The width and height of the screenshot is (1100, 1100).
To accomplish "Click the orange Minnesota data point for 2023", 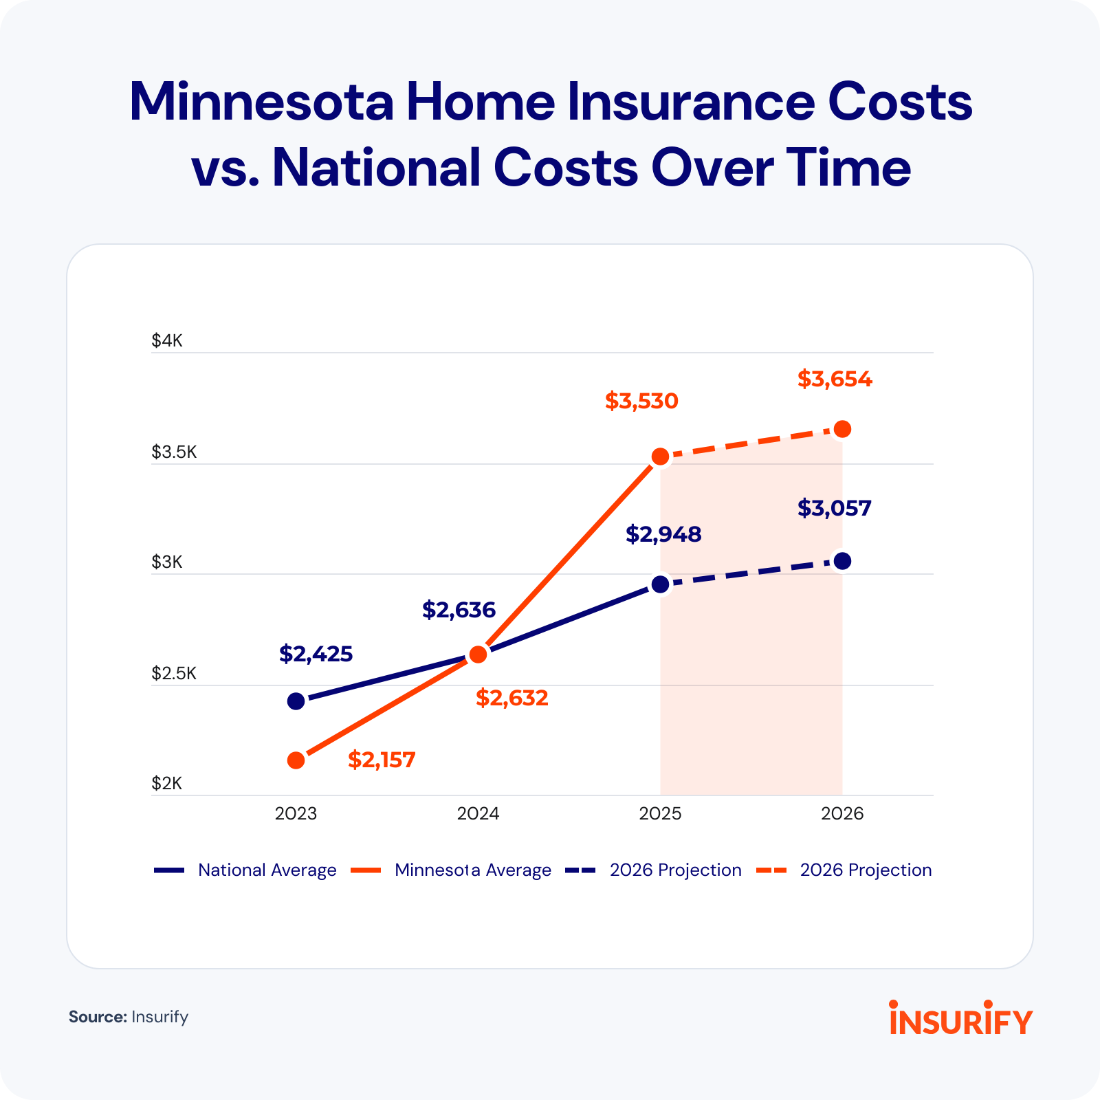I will pos(296,760).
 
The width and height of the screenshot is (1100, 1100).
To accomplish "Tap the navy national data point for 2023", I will pos(296,701).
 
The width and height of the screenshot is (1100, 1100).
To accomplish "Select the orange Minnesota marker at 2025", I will pos(660,456).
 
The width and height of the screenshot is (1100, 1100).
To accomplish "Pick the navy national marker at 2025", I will pos(660,584).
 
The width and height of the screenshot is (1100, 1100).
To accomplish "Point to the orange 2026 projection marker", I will pos(842,429).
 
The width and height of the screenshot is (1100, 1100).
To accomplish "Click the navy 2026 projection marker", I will pos(842,561).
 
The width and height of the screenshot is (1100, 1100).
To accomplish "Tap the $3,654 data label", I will pos(835,379).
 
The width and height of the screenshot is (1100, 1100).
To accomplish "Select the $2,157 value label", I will pos(382,760).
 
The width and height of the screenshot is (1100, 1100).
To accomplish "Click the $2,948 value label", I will pos(663,534).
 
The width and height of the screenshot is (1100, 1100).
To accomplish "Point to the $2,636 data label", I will pos(459,610).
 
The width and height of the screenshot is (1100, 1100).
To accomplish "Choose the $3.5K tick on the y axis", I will pos(174,452).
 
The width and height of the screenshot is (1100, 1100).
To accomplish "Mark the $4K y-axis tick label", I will pos(167,340).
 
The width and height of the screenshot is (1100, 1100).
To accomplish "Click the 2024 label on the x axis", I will pos(478,814).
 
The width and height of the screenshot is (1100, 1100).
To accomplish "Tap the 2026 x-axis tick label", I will pos(842,814).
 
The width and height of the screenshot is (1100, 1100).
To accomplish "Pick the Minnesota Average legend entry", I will pos(452,870).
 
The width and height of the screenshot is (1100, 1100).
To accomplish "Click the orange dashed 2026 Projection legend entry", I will pos(844,870).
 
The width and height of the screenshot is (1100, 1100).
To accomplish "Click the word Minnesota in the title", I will pos(261,102).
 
